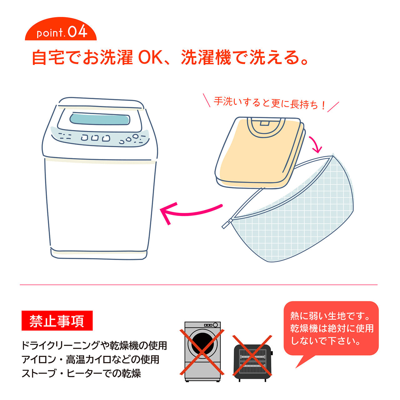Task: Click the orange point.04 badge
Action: point(61,32)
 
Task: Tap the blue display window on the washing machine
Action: point(100,119)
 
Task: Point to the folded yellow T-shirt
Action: point(256,153)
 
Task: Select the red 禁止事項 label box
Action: point(57,321)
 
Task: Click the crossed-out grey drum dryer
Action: point(202,352)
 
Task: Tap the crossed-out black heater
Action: point(252,358)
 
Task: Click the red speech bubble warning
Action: point(331,328)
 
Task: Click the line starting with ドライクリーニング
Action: point(94,346)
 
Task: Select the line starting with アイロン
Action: point(91,359)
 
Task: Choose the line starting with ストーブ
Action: point(81,373)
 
